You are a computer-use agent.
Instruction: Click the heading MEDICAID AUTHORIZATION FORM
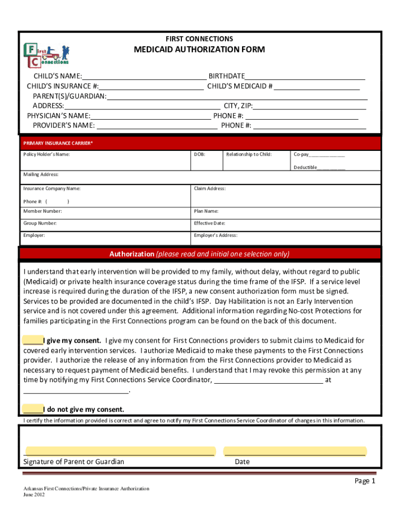pos(199,50)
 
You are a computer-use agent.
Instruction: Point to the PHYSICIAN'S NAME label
pos(59,116)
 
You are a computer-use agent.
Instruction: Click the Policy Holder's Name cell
pos(104,161)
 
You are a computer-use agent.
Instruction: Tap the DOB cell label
pos(199,155)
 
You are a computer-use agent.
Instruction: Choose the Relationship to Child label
pos(249,155)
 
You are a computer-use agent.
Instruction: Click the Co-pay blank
pos(327,155)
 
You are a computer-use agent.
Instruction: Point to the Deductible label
pos(305,167)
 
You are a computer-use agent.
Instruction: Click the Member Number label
pos(42,211)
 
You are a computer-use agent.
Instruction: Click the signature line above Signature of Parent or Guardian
pos(120,451)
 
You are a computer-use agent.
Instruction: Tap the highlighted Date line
pos(294,451)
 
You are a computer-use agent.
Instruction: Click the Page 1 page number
pos(364,481)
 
